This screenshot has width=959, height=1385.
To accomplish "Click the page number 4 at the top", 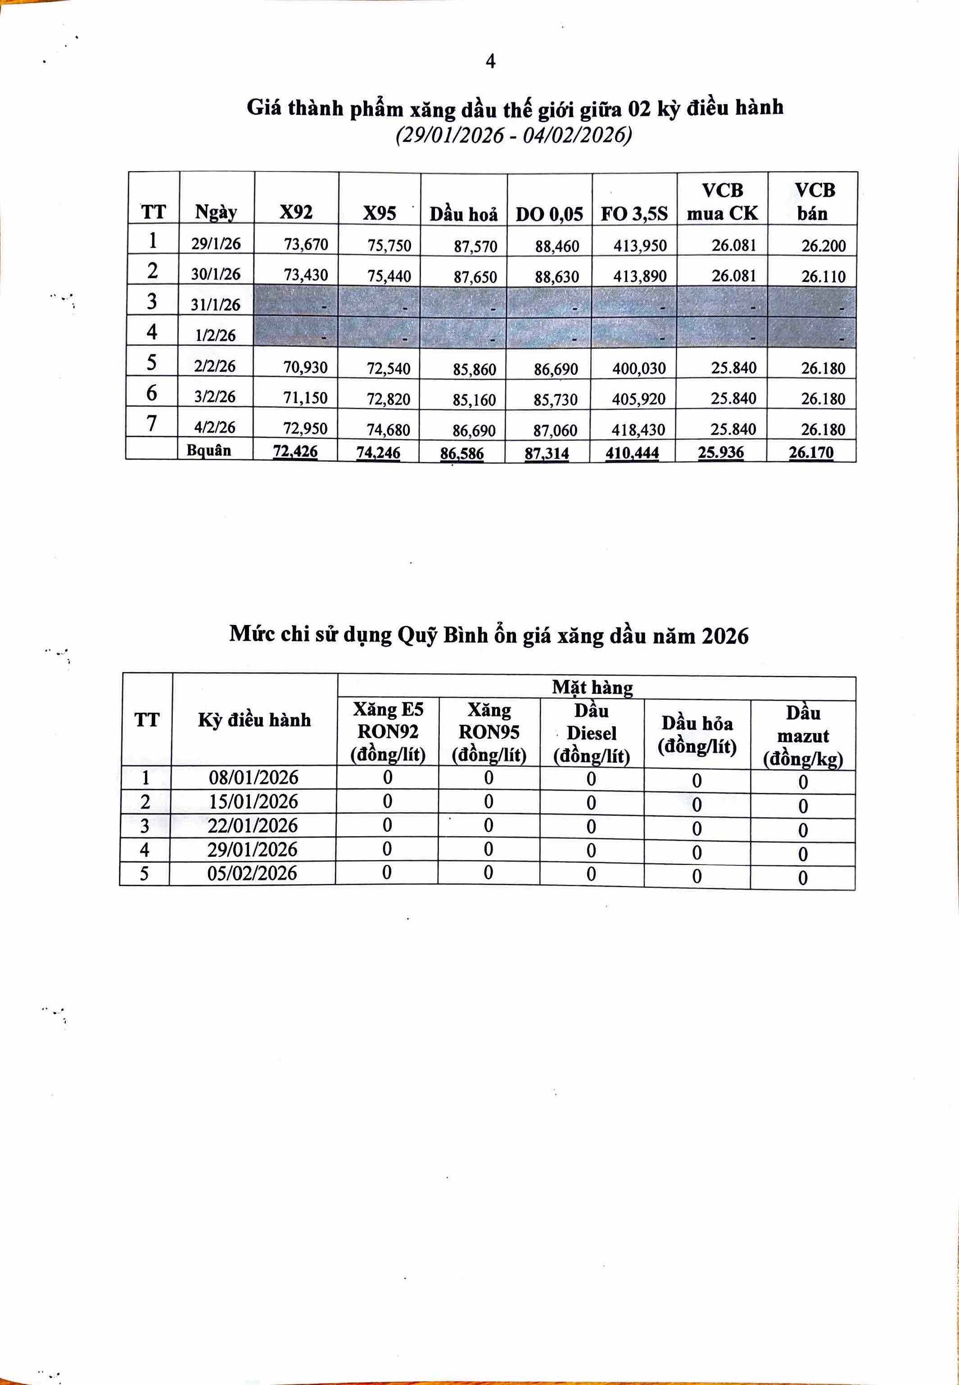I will coord(490,61).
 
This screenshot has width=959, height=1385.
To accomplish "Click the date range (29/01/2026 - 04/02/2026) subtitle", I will coord(514,135).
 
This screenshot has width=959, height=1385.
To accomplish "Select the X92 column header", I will coord(296,212).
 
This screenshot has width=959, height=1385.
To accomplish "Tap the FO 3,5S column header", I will coord(634,214).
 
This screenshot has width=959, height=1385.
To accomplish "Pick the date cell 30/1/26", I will coord(216,274).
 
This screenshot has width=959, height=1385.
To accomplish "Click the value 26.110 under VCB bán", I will coord(823,276).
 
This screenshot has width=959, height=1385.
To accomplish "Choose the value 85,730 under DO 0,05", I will coord(555,399).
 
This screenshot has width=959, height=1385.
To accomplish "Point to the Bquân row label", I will coord(208,451).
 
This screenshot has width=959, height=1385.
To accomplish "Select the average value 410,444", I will coord(632,453).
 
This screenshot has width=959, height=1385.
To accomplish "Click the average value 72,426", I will coord(295,451).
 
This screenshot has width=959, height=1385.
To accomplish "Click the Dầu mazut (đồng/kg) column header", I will coord(803,736).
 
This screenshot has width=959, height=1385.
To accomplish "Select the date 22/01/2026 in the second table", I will coord(253,826).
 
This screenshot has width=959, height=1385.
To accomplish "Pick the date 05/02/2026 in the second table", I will coord(253,873).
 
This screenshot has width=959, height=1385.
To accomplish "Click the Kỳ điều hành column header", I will coord(254,720).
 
